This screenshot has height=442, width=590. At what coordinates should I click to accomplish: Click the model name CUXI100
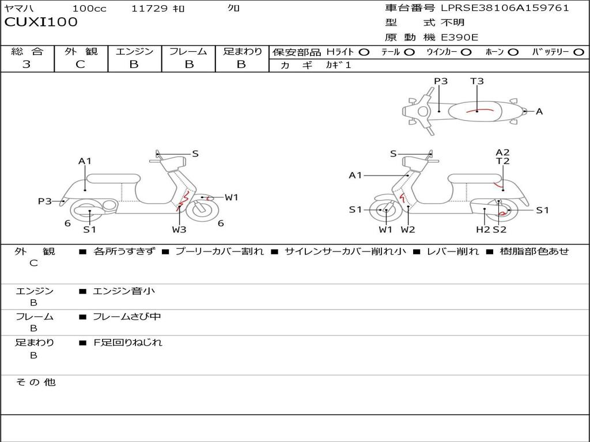click(x=41, y=22)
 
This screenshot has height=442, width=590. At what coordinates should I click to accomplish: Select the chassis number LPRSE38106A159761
click(x=505, y=7)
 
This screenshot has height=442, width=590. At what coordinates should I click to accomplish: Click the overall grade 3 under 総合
click(x=27, y=64)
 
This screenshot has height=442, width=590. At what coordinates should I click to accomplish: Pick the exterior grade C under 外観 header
click(x=80, y=64)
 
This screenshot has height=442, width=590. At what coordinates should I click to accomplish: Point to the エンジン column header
click(x=134, y=51)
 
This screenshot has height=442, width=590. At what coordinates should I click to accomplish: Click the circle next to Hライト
click(x=364, y=52)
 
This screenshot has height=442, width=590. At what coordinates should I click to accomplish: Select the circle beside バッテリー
click(x=578, y=52)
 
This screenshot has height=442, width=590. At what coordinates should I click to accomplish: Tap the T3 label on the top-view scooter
click(x=476, y=81)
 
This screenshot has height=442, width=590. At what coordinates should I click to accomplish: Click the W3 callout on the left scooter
click(x=179, y=229)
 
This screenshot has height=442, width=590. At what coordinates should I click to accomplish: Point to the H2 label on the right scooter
click(x=483, y=229)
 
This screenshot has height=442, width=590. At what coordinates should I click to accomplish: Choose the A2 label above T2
click(x=502, y=152)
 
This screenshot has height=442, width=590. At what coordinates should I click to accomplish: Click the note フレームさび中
click(x=127, y=317)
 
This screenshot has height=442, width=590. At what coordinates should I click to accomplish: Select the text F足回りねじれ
click(x=127, y=342)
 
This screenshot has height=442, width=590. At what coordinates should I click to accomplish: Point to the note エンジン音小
click(x=124, y=291)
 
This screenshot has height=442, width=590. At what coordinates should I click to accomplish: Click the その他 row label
click(x=36, y=382)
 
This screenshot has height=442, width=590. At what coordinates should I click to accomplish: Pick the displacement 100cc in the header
click(x=89, y=8)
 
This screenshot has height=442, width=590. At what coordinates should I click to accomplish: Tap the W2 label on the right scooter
click(x=408, y=229)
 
